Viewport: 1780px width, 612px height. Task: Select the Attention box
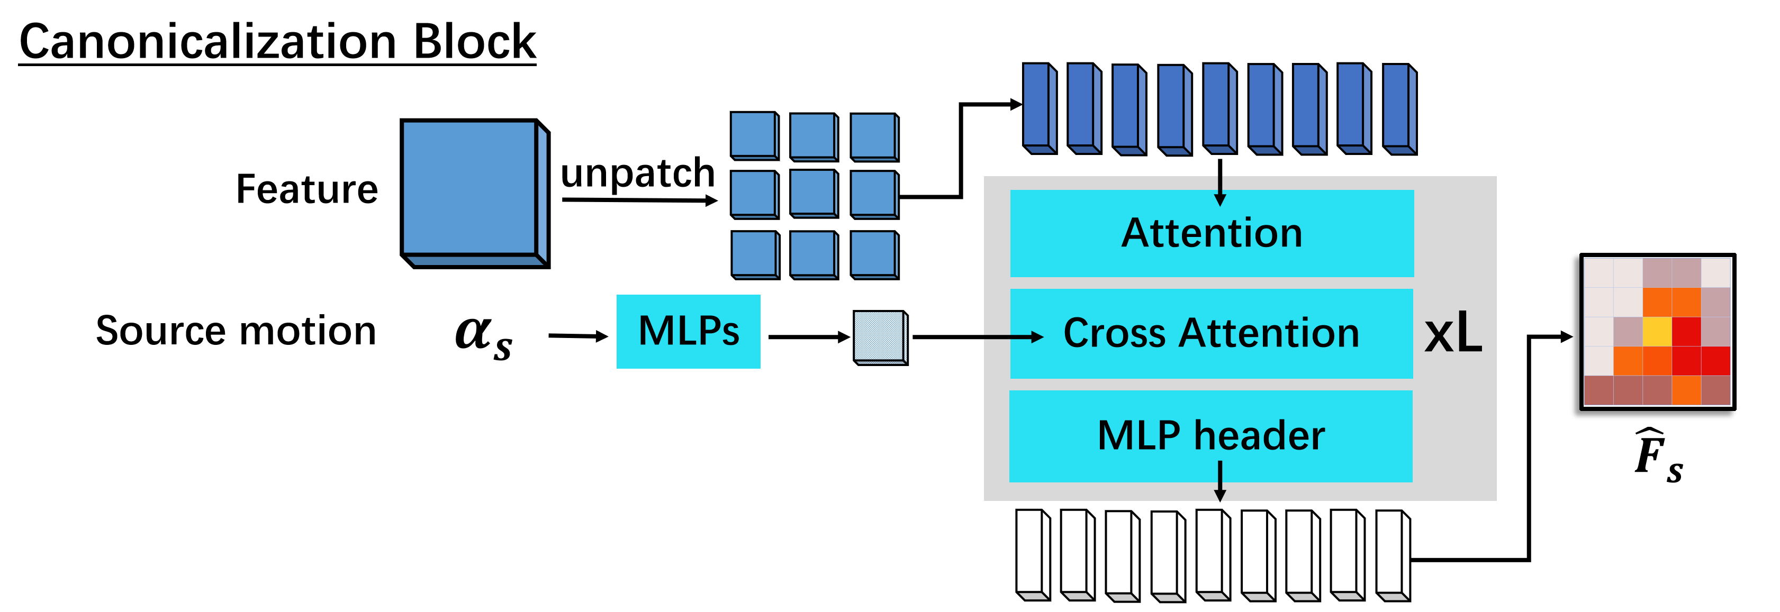pos(1212,233)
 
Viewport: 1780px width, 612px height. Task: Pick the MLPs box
pos(688,332)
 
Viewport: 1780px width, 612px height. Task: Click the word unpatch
pos(637,173)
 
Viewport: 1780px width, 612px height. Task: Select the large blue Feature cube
pos(475,194)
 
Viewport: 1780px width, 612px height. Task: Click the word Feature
pos(307,189)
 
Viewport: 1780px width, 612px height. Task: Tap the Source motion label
pos(236,331)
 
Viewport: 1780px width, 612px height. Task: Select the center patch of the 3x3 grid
pos(814,195)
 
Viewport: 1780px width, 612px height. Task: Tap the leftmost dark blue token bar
pos(1040,108)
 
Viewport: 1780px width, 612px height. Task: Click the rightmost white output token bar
pos(1393,556)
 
